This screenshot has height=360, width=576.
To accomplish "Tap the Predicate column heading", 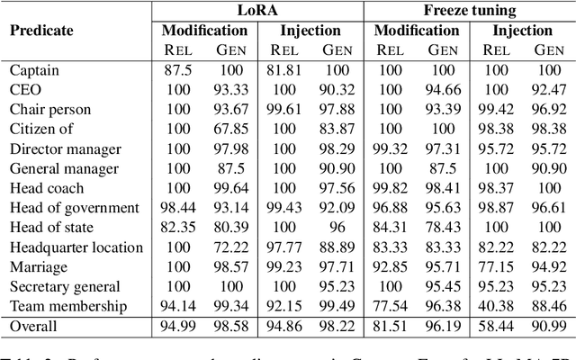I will pyautogui.click(x=41, y=30).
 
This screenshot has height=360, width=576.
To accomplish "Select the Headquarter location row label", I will pyautogui.click(x=76, y=247).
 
